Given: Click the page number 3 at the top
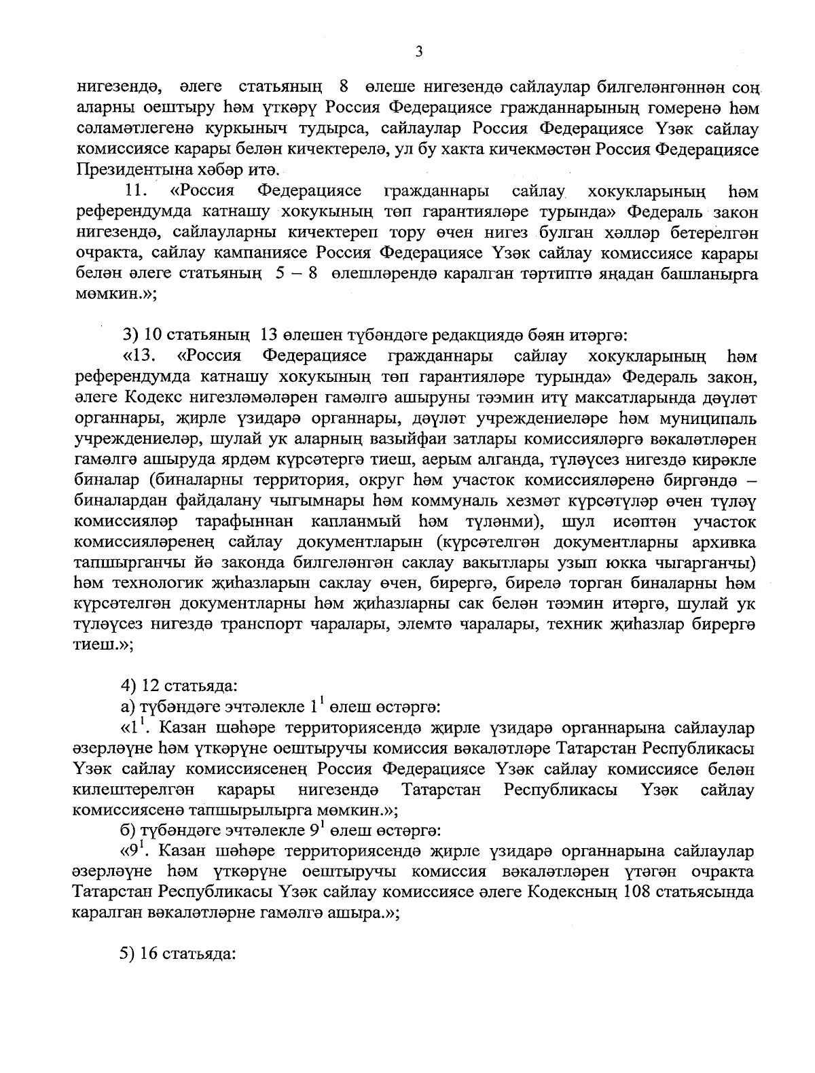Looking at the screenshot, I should (419, 52).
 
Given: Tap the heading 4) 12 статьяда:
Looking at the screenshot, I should (179, 686).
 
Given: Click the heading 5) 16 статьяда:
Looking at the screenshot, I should (179, 953).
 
